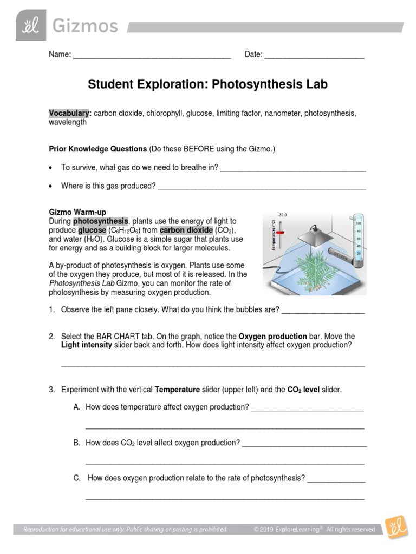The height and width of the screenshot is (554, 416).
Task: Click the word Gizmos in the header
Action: [x=86, y=27]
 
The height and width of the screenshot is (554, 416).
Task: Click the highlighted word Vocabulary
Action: [x=69, y=113]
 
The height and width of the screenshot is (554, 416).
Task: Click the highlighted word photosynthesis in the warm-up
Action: [x=101, y=221]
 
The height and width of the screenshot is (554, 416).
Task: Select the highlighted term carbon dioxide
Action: [x=186, y=230]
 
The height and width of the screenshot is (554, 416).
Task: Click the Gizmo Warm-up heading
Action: [x=77, y=213]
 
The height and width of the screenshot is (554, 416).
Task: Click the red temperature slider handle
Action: [x=280, y=232]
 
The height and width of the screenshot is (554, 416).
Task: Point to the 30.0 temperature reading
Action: [x=283, y=215]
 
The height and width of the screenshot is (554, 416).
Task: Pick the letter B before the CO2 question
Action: [x=76, y=443]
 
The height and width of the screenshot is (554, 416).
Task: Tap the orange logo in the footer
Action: [x=395, y=527]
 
